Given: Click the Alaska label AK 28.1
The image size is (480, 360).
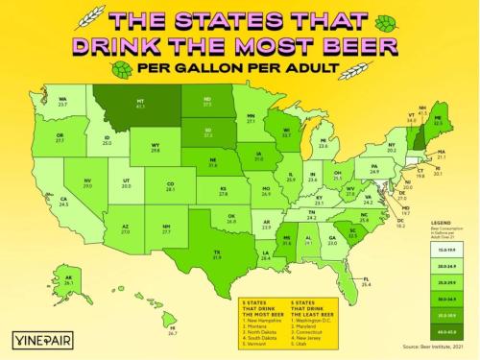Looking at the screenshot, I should [68, 281].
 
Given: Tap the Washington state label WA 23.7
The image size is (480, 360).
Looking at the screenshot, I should [62, 101].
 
